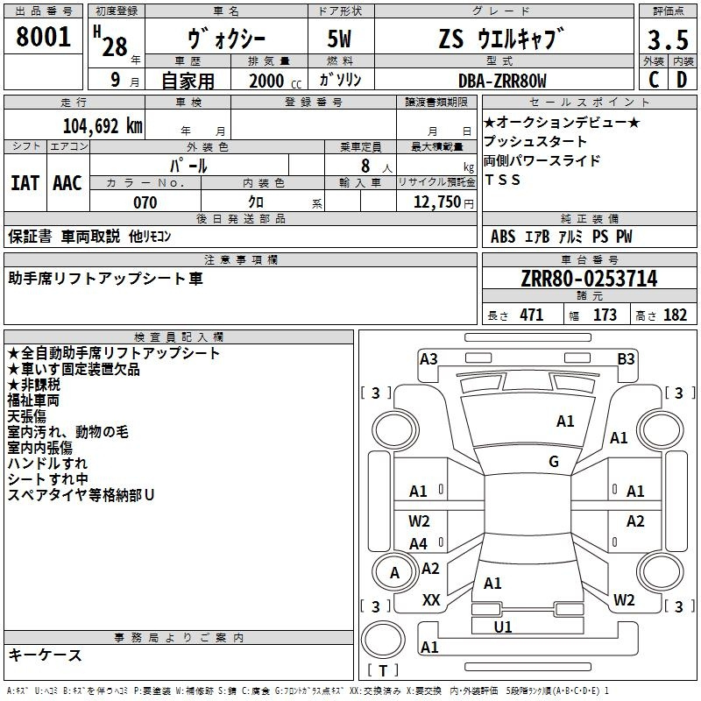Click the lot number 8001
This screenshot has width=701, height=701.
click(43, 37)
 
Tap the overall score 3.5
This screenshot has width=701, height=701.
click(668, 39)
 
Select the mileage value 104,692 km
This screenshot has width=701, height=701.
click(103, 126)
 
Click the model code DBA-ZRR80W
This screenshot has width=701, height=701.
click(502, 81)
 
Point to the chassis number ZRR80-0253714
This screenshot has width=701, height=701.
click(589, 279)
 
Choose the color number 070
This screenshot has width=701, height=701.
click(145, 202)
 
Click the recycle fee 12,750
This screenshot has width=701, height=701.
click(436, 202)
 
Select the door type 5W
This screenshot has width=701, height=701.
click(339, 39)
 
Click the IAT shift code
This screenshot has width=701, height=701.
click(25, 183)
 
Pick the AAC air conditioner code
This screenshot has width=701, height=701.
click(67, 183)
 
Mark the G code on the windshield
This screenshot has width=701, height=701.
click(554, 461)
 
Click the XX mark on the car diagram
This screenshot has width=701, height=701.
click(431, 599)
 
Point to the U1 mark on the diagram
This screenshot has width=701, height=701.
click(503, 627)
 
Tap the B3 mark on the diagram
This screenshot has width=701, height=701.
click(626, 359)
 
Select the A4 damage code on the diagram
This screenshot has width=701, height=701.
click(419, 543)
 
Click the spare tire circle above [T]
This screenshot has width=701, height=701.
click(383, 640)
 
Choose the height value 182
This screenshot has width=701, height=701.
click(675, 315)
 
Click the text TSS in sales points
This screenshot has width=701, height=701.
click(502, 180)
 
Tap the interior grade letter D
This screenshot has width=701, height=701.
click(682, 80)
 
